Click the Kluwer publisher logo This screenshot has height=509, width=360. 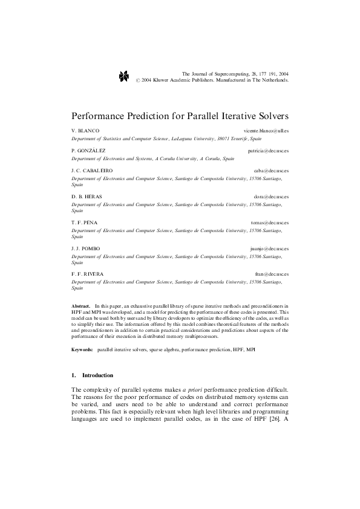123,76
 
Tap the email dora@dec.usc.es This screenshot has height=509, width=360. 270,196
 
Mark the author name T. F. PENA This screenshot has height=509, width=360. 84,222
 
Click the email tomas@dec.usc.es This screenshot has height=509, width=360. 269,222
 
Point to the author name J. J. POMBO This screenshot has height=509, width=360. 85,248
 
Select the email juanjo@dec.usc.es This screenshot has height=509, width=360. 269,248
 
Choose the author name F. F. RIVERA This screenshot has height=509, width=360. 87,274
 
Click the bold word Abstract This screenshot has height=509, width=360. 80,307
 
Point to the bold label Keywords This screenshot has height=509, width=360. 82,350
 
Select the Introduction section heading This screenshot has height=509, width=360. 97,375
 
